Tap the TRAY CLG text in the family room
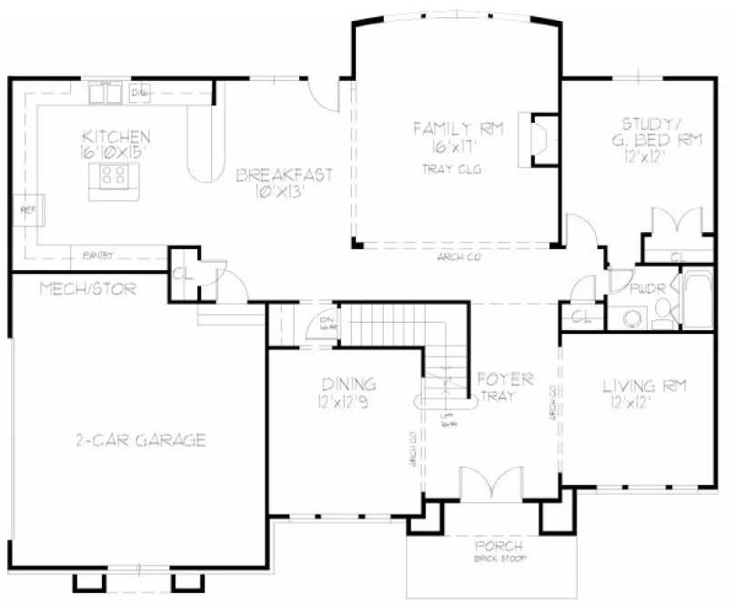click(451, 169)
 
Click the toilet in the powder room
click(630, 316)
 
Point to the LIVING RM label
click(645, 388)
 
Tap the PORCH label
click(499, 546)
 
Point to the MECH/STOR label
click(88, 290)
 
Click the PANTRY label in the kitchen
click(97, 255)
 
